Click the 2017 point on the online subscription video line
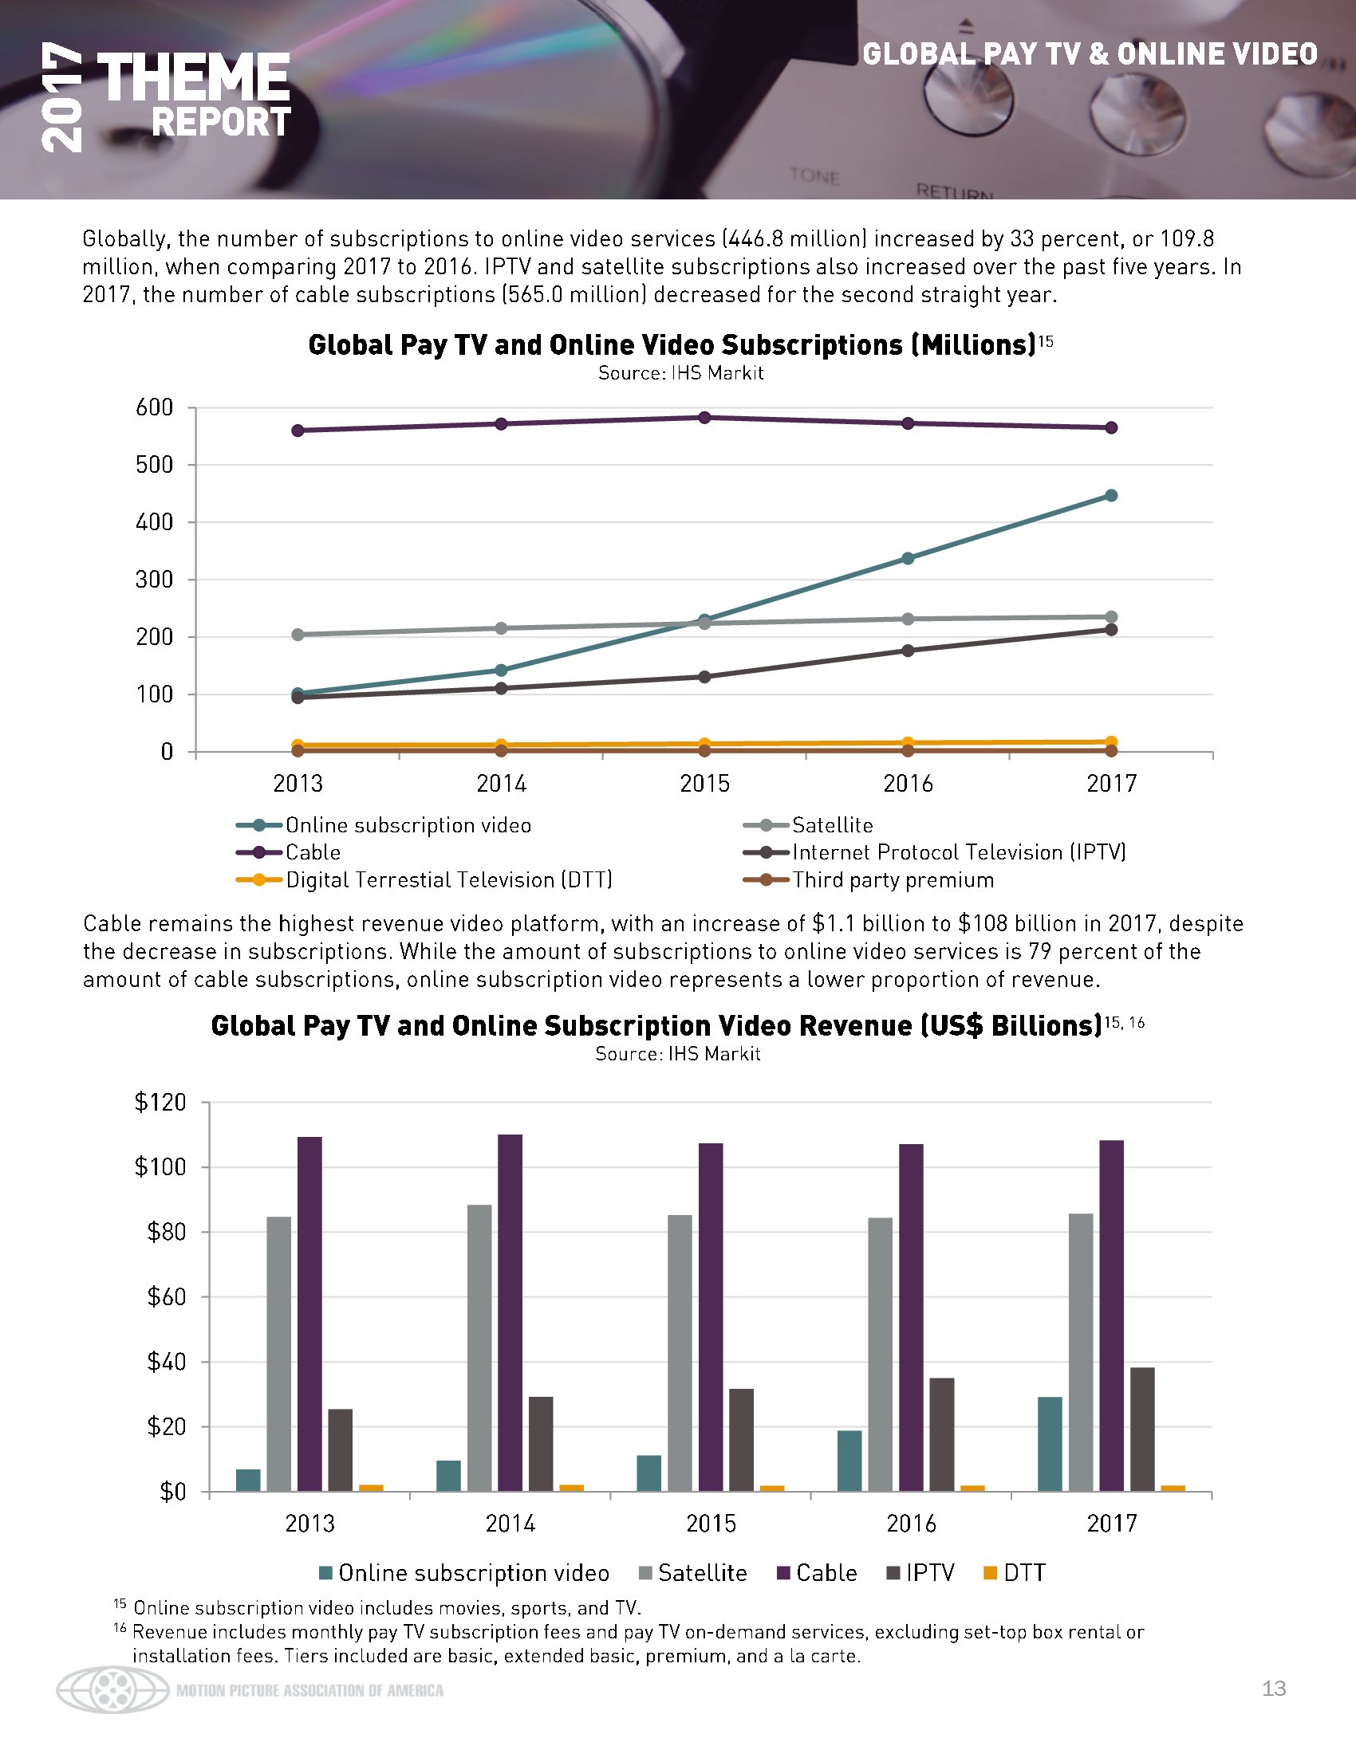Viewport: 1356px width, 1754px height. coord(1111,496)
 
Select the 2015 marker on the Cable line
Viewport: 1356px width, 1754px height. coord(704,418)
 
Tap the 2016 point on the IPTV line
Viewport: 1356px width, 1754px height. coord(908,651)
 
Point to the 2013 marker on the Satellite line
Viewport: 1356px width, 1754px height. coord(298,635)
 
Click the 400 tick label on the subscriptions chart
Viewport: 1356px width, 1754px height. coord(156,522)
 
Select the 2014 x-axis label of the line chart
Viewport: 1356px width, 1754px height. coord(501,783)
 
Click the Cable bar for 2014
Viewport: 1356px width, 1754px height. coord(510,1312)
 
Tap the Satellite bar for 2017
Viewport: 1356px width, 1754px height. coord(1081,1352)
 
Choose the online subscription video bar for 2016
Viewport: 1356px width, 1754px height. coord(849,1461)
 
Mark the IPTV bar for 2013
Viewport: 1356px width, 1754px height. coord(341,1450)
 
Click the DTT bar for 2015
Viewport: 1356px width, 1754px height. coord(772,1489)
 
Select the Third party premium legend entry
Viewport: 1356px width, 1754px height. coord(893,880)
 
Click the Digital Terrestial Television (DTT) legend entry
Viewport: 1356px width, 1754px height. coord(449,880)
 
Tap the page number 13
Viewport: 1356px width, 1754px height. coord(1274,1689)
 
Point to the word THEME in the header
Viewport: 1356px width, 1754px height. coord(193,79)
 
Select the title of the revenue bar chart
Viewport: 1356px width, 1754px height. coord(656,1025)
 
